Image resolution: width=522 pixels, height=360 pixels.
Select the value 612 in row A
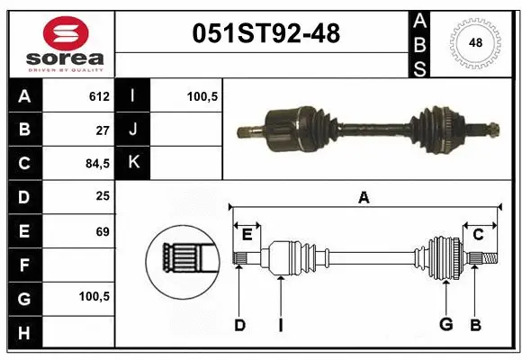(x=99, y=96)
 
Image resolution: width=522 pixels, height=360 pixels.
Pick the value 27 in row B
(x=103, y=130)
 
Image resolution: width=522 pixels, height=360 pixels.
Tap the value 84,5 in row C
(x=96, y=164)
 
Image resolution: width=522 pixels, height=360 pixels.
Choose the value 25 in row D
(x=103, y=196)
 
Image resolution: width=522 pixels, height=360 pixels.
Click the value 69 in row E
(x=103, y=231)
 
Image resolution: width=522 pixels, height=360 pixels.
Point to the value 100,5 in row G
(x=95, y=296)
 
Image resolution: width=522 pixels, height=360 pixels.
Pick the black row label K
(x=133, y=163)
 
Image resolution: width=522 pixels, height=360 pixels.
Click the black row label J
(x=133, y=130)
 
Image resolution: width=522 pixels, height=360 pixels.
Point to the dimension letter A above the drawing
(x=364, y=197)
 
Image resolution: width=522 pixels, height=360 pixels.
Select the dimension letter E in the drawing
(x=246, y=235)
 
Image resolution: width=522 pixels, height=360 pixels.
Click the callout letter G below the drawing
(x=445, y=325)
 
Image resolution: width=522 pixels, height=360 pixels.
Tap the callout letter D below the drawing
(x=239, y=325)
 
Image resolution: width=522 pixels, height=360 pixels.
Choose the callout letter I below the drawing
(x=280, y=325)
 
